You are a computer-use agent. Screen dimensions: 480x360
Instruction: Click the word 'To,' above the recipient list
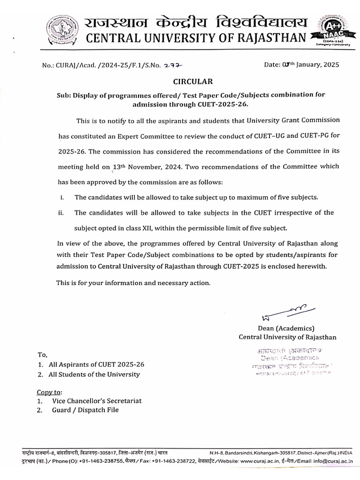pos(42,354)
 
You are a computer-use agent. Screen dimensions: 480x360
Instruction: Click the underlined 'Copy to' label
pos(49,391)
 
